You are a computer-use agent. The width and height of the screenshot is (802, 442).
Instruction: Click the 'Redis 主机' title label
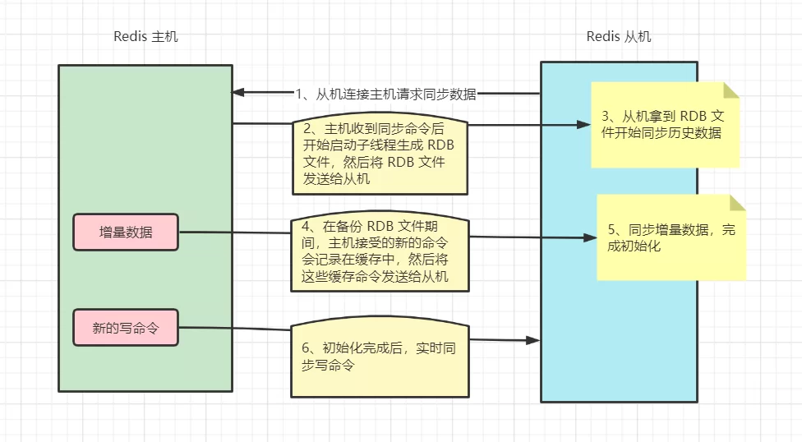[145, 37]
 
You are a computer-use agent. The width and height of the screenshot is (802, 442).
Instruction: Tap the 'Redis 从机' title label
[619, 37]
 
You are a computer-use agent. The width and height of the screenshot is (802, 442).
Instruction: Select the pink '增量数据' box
[126, 232]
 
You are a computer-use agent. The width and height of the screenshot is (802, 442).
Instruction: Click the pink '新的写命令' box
[126, 328]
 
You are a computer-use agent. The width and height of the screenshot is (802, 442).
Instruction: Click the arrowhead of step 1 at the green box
[239, 92]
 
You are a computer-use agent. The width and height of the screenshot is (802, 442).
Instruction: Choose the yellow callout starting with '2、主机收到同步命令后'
[380, 157]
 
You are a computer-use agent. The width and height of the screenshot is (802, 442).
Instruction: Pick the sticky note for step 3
[665, 124]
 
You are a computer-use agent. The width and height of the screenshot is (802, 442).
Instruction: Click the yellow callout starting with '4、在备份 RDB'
[380, 254]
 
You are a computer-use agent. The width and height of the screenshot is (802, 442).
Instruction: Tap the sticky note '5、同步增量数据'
[671, 237]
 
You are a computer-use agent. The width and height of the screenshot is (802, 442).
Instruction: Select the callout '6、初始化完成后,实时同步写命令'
[380, 357]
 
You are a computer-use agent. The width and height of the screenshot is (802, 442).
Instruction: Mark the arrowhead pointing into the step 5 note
[589, 237]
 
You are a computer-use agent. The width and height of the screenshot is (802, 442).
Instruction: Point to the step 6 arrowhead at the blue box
[533, 339]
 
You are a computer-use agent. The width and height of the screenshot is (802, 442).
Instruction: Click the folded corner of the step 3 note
[731, 89]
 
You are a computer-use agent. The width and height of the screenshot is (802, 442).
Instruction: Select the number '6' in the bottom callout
[306, 348]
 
